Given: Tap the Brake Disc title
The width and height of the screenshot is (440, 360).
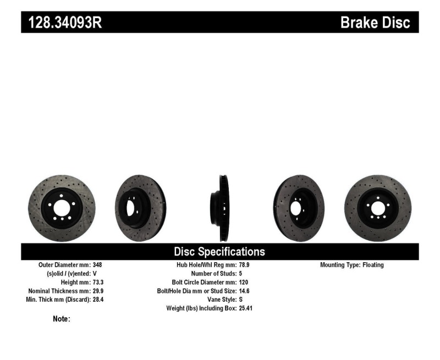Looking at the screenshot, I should [375, 23].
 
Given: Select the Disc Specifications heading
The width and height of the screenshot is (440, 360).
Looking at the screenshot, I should [219, 252].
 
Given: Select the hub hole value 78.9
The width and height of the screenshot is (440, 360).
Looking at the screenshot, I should [245, 265].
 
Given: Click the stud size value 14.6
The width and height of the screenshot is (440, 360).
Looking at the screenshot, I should [245, 291].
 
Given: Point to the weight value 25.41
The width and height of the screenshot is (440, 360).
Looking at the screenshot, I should [246, 308].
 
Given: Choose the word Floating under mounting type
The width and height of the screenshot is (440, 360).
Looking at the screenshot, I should [373, 265].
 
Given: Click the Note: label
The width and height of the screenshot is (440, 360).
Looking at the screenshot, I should [61, 319].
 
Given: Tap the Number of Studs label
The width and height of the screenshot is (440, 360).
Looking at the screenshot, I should [214, 274].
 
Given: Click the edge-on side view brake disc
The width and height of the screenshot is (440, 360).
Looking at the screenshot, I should [222, 208].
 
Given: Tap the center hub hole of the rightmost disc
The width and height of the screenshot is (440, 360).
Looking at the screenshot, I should [377, 208].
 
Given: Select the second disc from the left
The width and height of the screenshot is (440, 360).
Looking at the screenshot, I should [140, 208].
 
